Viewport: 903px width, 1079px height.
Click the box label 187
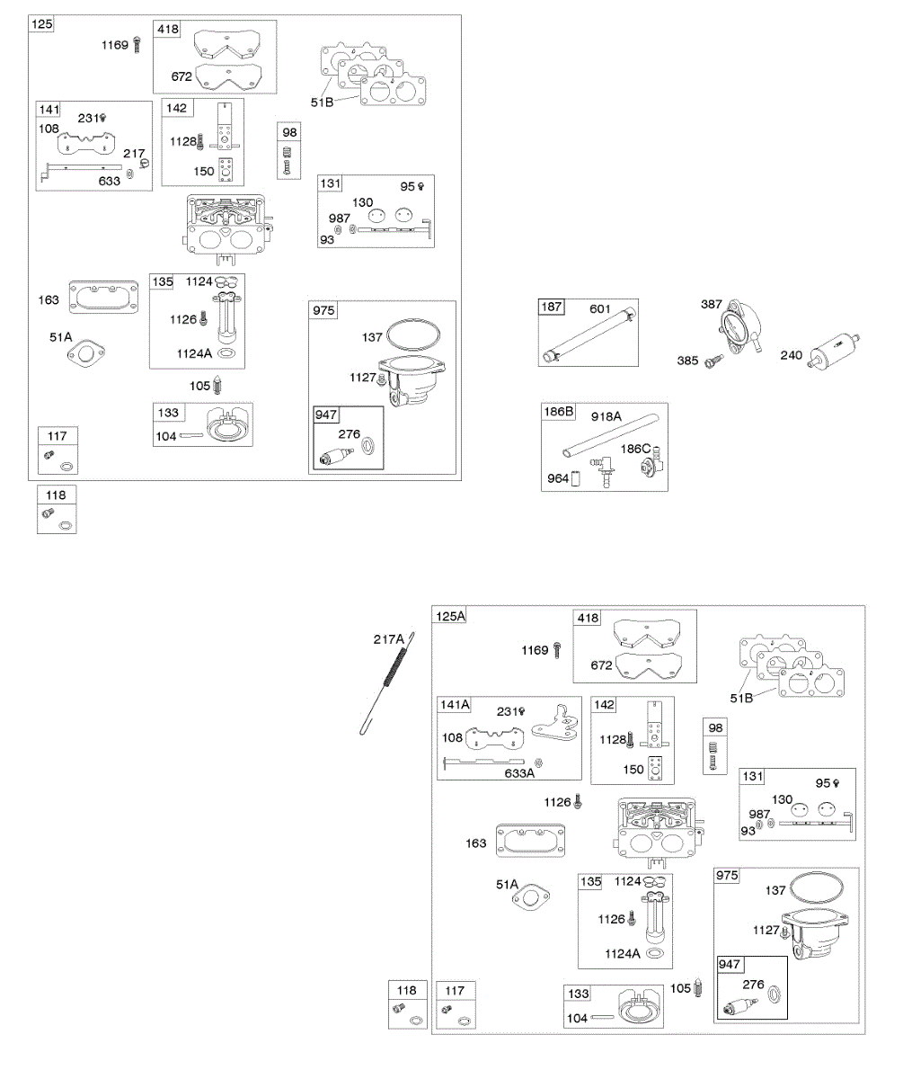tap(551, 308)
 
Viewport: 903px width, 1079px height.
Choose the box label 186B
tap(558, 412)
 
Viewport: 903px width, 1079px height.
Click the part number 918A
tap(606, 417)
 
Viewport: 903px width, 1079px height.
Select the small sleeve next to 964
tap(577, 478)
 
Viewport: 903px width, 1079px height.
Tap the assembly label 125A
tap(451, 617)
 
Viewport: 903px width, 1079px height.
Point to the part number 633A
tap(519, 771)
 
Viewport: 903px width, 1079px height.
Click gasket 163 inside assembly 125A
tap(529, 841)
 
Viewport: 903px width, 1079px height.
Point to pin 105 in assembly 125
tap(218, 385)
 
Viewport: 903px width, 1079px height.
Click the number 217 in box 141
tap(134, 154)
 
